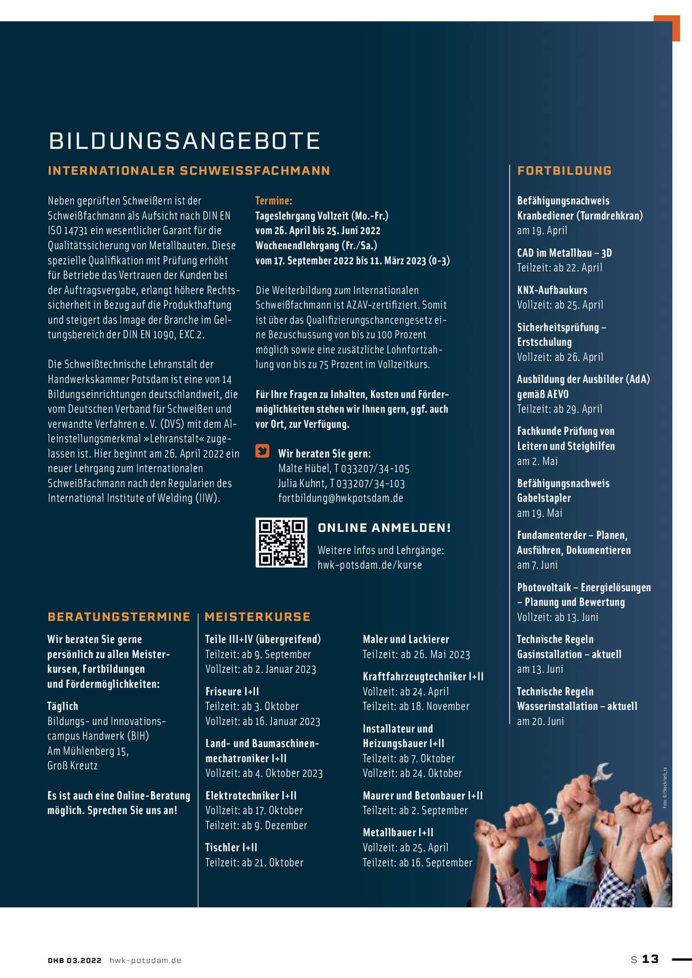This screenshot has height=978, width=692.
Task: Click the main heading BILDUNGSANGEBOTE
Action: (184, 141)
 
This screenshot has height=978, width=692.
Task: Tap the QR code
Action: (281, 542)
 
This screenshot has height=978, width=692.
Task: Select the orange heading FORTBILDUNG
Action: (564, 171)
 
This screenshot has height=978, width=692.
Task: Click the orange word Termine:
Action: (273, 200)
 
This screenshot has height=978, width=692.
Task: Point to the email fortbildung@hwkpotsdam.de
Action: (340, 498)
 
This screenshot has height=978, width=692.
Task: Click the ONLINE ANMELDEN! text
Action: (384, 528)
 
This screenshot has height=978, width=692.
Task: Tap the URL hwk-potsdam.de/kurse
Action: (369, 565)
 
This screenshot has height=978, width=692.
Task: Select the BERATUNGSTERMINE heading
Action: (118, 617)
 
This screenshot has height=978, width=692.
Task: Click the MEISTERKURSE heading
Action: (257, 617)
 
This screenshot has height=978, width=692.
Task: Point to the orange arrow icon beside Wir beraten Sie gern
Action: (262, 451)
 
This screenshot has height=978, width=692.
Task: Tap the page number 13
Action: (650, 959)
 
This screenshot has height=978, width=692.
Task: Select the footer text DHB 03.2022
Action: (75, 960)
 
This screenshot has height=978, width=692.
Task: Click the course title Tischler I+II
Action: (231, 848)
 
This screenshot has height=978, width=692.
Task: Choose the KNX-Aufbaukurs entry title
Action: (552, 290)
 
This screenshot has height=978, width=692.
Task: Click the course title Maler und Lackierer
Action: (405, 639)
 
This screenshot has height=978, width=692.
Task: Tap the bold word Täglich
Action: (63, 706)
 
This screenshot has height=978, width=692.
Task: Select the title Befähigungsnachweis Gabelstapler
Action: (563, 490)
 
